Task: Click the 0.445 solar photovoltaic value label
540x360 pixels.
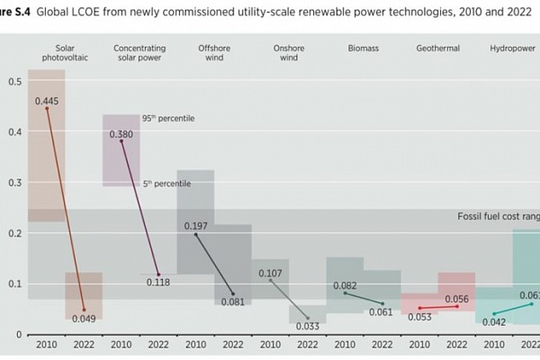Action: coord(47,101)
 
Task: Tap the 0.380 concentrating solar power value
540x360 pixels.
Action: coord(121,134)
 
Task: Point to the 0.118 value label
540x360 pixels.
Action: coord(159,282)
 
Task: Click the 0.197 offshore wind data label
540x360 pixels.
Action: coord(196,226)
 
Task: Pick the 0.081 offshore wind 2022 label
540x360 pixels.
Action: coord(233,301)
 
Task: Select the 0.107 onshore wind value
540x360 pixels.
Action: coord(271,273)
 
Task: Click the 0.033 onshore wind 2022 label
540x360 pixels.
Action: coord(308,327)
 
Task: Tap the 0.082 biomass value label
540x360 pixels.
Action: coord(345,285)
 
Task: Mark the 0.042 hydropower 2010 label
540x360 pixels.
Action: coord(493,321)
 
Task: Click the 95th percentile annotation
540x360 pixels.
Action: coord(168,118)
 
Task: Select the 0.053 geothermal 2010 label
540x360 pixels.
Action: coord(419,316)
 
